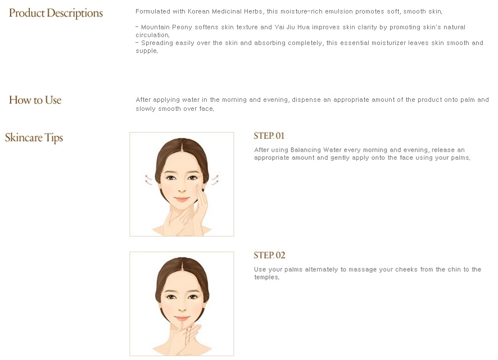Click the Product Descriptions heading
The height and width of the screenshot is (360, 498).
56,13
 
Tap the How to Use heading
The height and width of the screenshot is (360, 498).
35,100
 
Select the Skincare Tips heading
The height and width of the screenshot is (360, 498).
34,138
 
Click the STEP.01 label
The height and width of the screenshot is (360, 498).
269,136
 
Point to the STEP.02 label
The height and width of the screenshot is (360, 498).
269,255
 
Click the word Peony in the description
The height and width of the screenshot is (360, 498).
182,28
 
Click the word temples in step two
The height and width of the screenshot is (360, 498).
266,277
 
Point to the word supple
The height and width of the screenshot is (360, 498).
146,51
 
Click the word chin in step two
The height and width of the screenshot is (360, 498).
454,269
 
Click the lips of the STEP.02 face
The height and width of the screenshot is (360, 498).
182,318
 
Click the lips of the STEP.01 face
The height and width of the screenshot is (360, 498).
182,199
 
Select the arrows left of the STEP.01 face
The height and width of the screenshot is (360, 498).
148,179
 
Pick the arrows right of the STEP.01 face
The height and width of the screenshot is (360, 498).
215,179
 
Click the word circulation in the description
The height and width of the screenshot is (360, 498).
152,35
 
